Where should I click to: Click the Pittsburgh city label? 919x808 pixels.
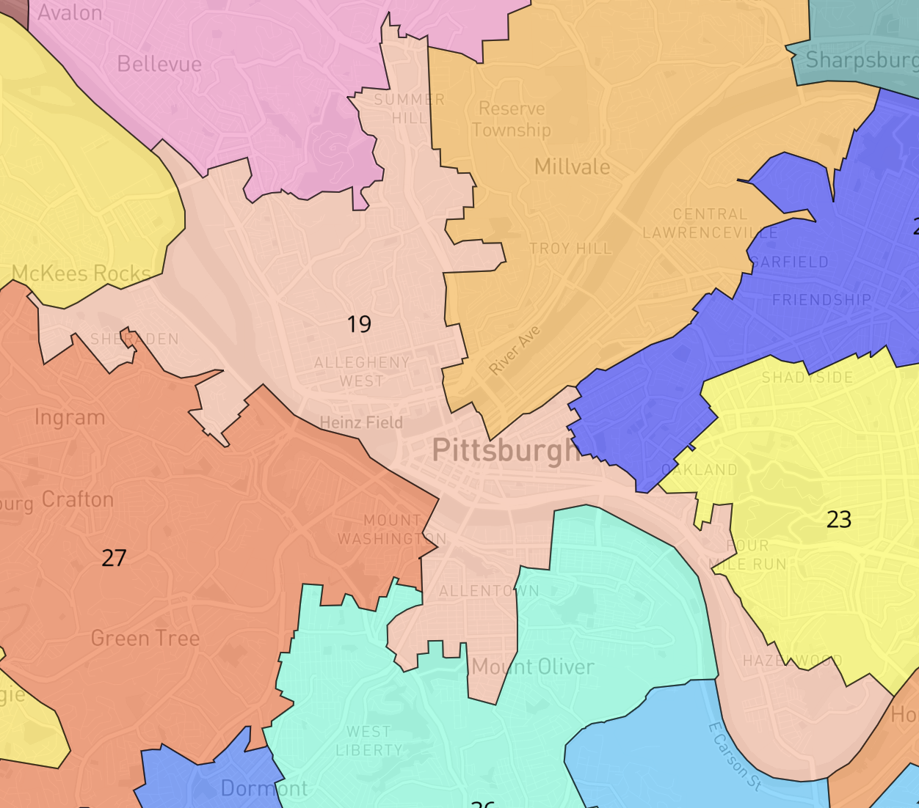[505, 450]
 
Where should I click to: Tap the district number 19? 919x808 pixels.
[359, 324]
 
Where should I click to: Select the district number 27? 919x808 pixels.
[114, 558]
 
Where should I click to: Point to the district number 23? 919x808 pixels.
[838, 520]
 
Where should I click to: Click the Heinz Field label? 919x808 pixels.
[361, 422]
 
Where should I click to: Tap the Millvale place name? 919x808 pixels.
[572, 167]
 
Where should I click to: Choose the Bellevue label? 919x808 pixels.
[159, 65]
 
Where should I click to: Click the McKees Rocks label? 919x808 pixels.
[81, 273]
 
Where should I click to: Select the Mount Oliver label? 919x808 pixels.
[533, 666]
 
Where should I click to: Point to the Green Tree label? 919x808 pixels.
[145, 639]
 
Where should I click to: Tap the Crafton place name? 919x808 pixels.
[78, 500]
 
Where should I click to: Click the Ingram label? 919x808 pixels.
[70, 418]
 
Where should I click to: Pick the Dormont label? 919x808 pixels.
[264, 788]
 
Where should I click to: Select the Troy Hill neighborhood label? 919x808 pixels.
[570, 249]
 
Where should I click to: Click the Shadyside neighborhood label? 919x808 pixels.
[807, 378]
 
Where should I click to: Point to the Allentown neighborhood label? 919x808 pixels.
[489, 591]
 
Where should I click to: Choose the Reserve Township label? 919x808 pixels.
[511, 120]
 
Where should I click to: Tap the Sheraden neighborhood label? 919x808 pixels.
[134, 339]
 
